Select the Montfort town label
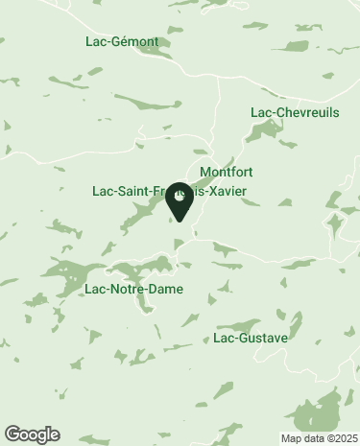click(226, 173)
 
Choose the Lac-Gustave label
click(250, 338)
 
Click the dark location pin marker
click(180, 200)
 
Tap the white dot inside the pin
click(180, 197)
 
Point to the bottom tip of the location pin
click(180, 222)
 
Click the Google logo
click(32, 434)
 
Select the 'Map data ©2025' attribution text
click(318, 438)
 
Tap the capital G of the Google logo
click(12, 434)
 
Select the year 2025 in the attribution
click(343, 438)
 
